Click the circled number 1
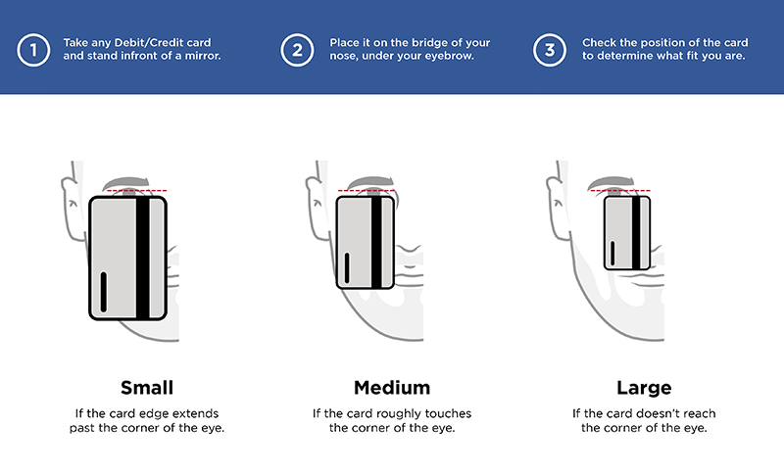(33, 50)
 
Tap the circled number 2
(297, 50)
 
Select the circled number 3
(550, 50)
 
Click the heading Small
(147, 388)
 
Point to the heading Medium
(392, 388)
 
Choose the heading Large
(644, 388)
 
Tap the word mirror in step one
(203, 56)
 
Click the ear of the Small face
(72, 209)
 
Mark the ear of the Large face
(558, 209)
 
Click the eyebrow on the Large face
(613, 182)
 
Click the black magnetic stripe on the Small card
(142, 258)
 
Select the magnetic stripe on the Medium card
(376, 242)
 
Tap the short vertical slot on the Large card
(612, 254)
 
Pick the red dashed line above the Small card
(136, 190)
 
